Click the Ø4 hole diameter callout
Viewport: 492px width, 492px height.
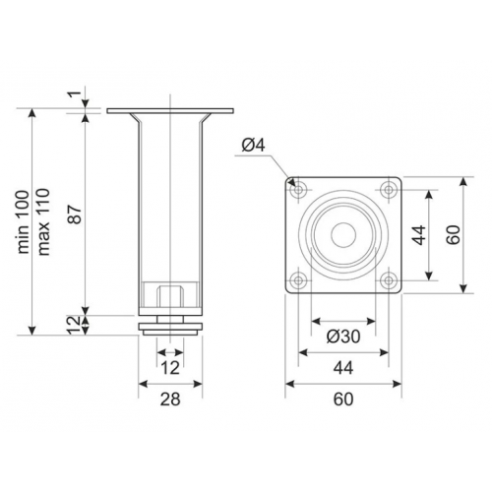253,145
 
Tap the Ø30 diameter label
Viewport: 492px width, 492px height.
343,337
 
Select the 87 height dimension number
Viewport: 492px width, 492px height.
76,215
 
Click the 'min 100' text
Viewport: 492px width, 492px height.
24,222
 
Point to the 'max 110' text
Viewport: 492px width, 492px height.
43,222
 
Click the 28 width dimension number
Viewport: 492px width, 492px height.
170,400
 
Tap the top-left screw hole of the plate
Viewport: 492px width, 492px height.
298,190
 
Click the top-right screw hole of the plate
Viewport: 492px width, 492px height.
389,190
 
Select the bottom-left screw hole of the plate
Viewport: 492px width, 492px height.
298,280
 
